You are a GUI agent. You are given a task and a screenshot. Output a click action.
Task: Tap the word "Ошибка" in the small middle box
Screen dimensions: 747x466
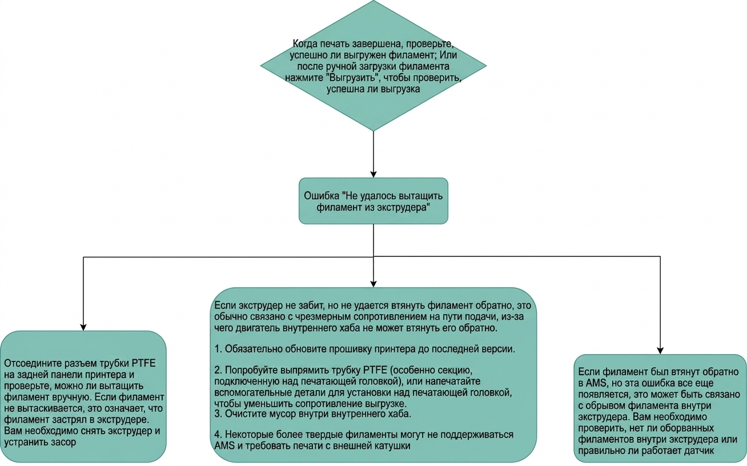(322, 195)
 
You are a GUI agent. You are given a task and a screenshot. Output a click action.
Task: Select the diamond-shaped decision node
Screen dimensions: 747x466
(373, 66)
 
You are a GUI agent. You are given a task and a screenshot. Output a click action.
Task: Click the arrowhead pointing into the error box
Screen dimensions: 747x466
(373, 174)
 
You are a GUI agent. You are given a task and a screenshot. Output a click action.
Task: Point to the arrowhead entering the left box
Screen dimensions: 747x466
(83, 327)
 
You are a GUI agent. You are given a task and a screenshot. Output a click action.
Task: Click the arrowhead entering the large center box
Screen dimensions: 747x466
(373, 283)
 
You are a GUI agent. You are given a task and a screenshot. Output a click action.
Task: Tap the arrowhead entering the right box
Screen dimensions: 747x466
(660, 351)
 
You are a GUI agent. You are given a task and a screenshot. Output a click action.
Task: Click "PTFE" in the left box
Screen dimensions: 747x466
(144, 363)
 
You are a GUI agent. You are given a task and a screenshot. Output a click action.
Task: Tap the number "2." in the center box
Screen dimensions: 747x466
(218, 370)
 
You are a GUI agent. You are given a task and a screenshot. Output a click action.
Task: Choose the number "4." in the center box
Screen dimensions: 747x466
(218, 435)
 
